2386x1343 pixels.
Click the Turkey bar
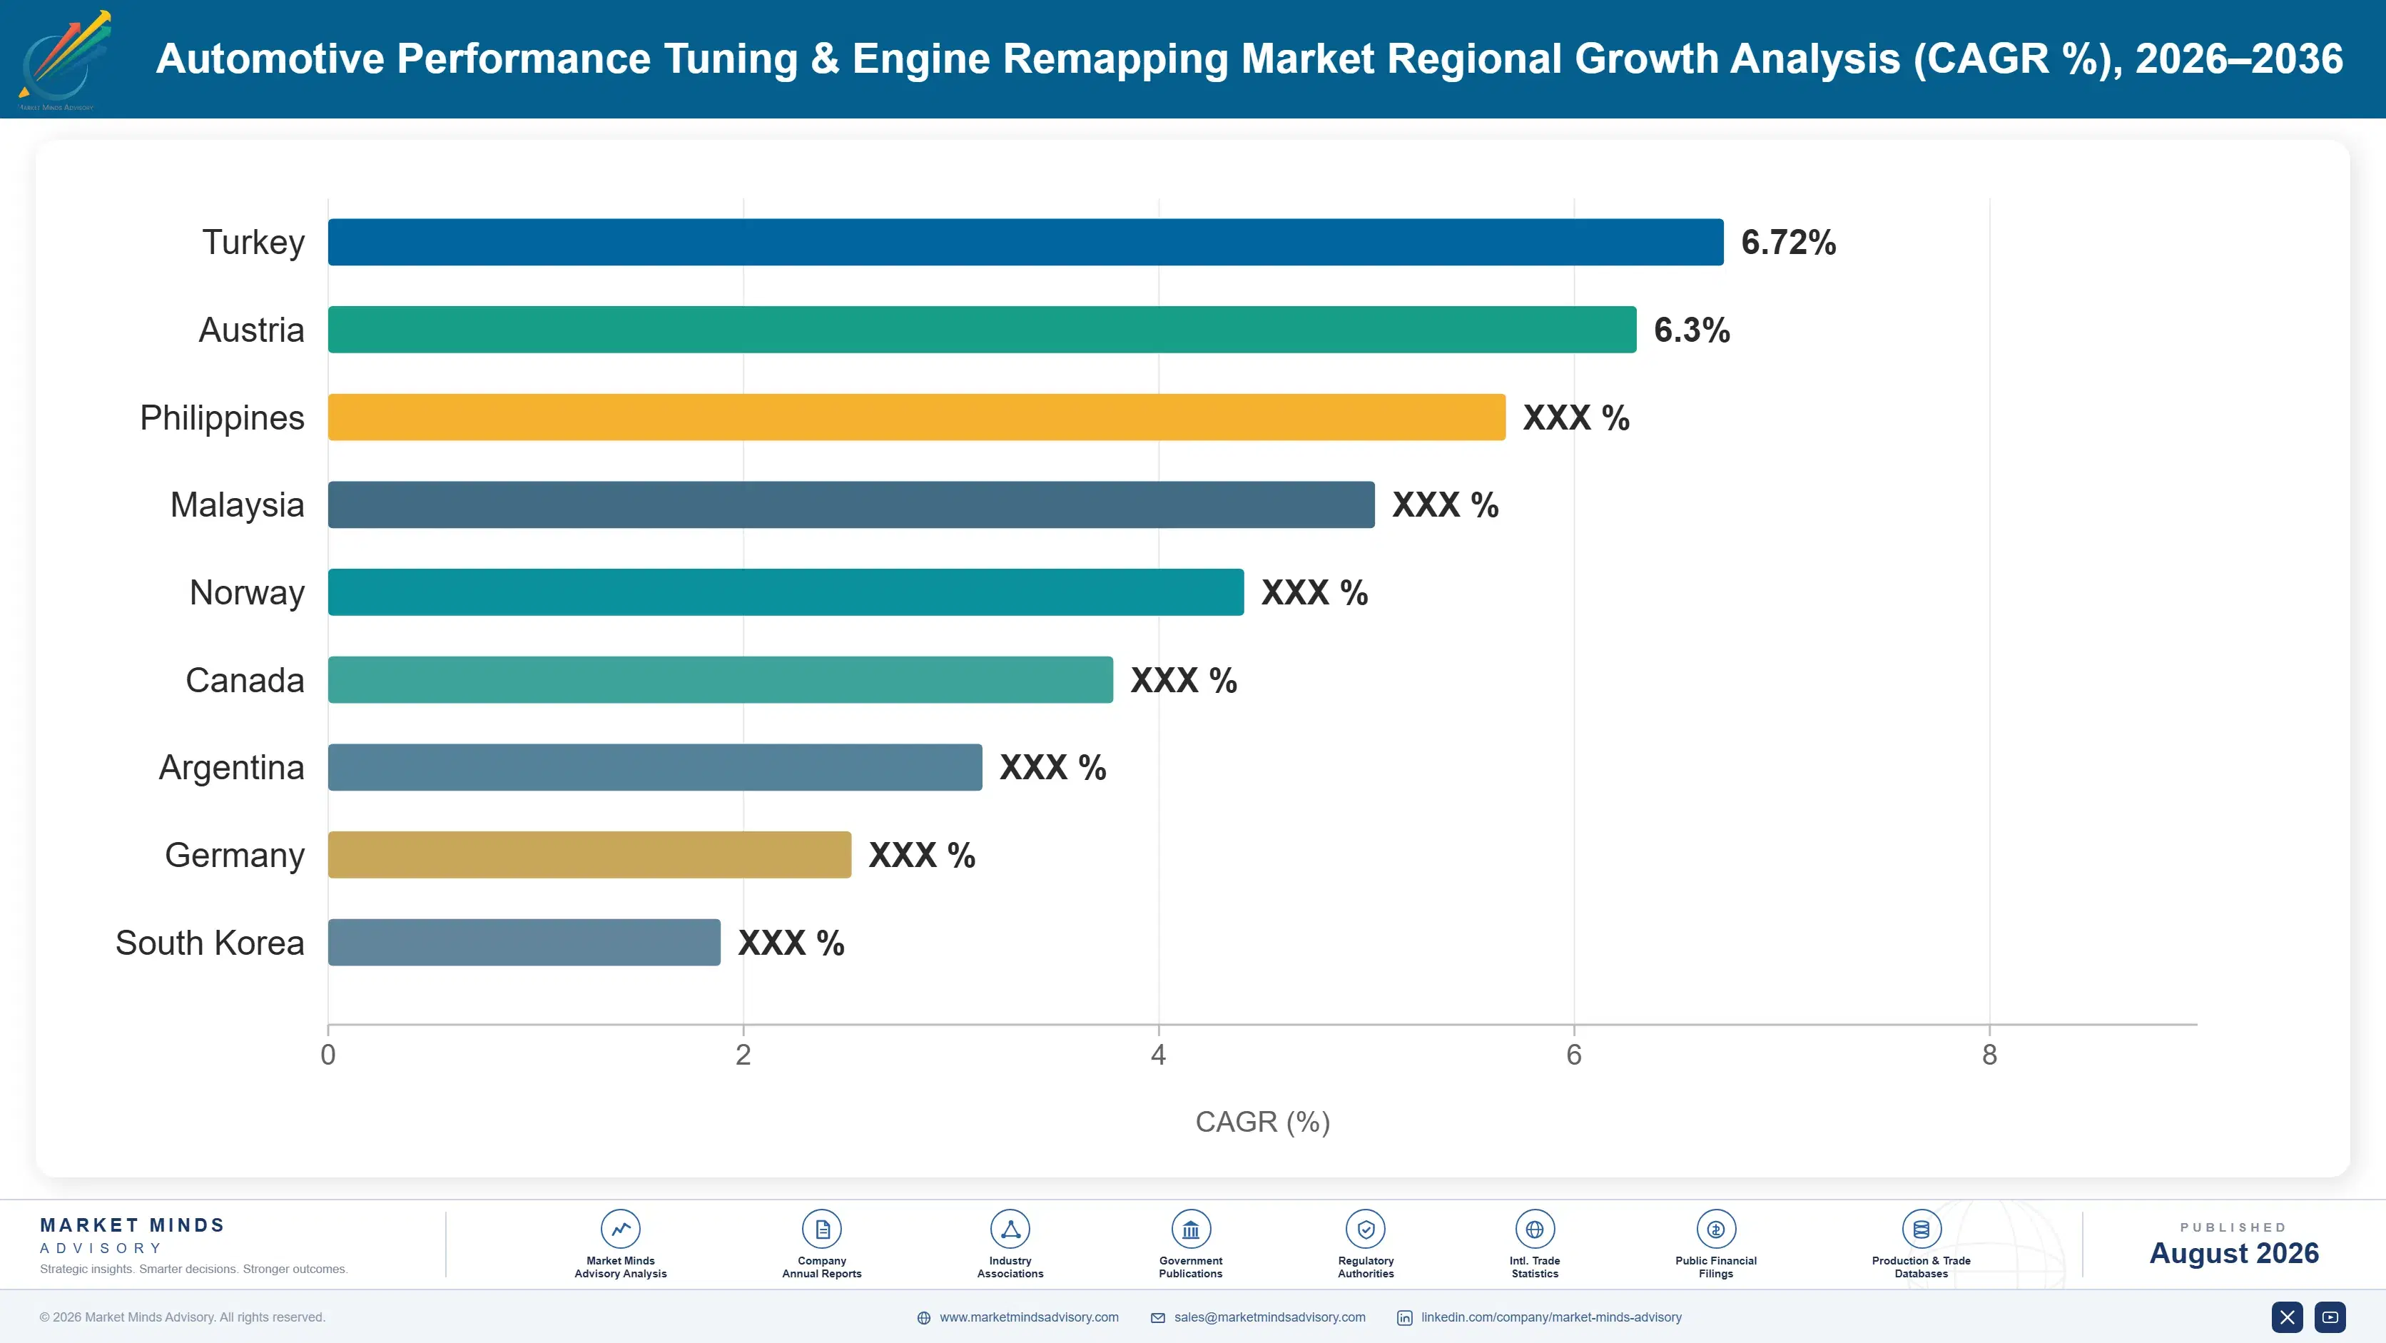coord(1025,242)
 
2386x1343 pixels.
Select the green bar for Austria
coord(982,330)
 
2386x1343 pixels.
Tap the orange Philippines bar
coord(917,417)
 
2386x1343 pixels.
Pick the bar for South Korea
coord(524,942)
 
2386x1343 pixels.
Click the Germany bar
coord(589,855)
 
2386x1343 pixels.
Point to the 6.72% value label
coord(1787,243)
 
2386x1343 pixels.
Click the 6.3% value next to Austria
coord(1691,330)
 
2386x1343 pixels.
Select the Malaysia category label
coord(237,505)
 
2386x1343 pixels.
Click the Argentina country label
coord(232,768)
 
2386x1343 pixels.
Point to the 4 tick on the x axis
coord(1158,1055)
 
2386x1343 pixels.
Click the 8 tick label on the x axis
coord(1989,1055)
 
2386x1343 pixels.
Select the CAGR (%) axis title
coord(1262,1122)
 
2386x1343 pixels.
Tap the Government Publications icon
coord(1190,1229)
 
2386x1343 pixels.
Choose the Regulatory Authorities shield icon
coord(1365,1229)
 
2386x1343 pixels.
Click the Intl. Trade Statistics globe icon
coord(1535,1229)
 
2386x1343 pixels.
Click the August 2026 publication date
coord(2234,1253)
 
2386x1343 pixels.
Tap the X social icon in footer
coord(2287,1317)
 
